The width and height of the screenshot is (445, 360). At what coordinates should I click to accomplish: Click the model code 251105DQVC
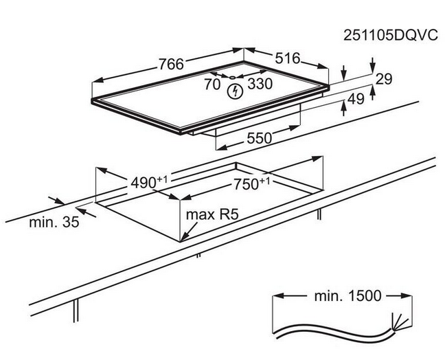click(x=390, y=36)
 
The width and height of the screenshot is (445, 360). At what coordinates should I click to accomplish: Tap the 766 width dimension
click(x=170, y=64)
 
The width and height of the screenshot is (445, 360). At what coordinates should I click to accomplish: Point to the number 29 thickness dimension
click(x=383, y=79)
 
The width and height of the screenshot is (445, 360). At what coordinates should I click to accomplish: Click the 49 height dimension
click(x=355, y=100)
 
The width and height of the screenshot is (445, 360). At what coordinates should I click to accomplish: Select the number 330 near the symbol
click(x=260, y=84)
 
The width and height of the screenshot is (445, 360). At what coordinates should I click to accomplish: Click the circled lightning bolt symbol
click(x=236, y=90)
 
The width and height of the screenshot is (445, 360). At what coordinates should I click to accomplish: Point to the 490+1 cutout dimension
click(x=149, y=183)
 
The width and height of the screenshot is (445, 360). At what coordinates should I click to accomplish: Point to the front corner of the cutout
click(x=181, y=240)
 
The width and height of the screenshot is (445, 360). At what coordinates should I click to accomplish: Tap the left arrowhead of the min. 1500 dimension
click(x=277, y=297)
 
